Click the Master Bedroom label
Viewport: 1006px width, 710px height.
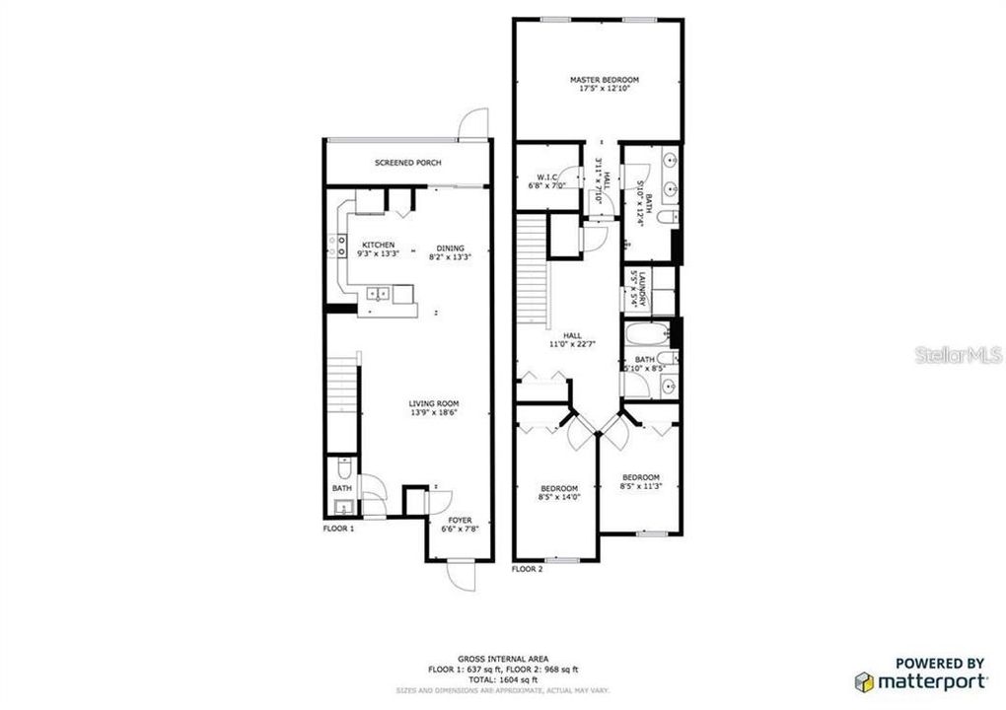point(604,79)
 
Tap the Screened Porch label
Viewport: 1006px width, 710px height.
point(407,163)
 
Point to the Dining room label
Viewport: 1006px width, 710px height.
point(446,248)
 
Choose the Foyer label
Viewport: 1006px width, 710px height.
point(460,519)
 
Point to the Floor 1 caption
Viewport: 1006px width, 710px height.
point(338,529)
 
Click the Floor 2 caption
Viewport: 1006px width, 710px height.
point(527,569)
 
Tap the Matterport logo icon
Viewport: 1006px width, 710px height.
point(864,681)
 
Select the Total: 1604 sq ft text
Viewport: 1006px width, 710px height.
point(503,679)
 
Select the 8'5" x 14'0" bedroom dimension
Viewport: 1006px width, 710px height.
point(558,498)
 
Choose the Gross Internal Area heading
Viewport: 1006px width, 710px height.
point(503,658)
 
